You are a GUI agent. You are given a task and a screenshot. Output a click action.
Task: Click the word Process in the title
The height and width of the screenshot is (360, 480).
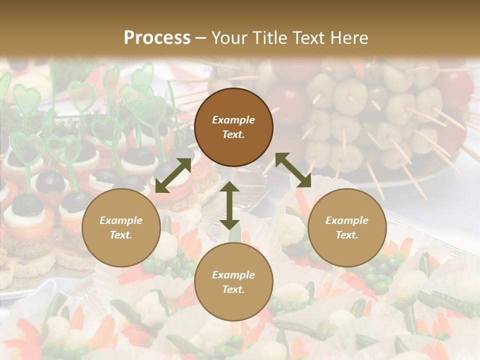tap(157, 38)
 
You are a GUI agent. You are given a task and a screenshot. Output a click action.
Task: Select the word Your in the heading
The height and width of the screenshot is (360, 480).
tap(228, 38)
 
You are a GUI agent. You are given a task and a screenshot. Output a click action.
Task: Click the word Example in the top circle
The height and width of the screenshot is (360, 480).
tap(233, 120)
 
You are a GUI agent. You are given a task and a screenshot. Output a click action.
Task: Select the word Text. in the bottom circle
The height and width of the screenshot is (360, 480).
tap(233, 289)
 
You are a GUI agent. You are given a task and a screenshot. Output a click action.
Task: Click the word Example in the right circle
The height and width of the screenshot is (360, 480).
tap(347, 220)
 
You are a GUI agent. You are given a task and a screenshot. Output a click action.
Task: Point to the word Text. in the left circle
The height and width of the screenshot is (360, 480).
tap(121, 235)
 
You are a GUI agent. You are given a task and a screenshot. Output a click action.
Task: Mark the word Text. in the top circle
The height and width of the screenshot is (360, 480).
tap(233, 134)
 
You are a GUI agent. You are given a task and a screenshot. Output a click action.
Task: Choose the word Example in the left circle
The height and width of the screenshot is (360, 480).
tap(121, 220)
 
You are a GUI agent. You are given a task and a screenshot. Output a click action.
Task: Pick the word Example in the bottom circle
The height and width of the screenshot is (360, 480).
tap(233, 275)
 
